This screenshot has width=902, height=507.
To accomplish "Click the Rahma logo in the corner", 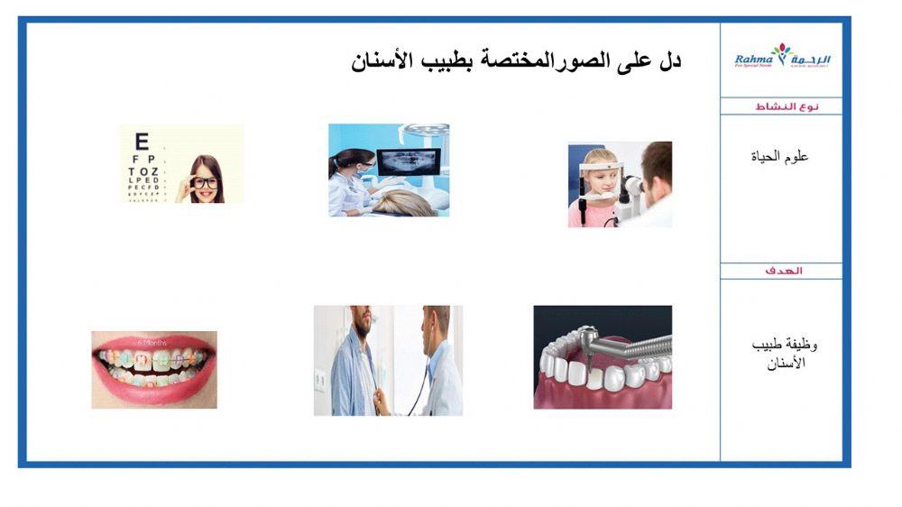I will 782,60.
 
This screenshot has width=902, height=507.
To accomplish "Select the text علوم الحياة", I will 780,157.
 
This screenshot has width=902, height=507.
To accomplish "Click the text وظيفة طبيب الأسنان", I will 782,354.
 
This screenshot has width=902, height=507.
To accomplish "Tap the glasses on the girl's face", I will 204,181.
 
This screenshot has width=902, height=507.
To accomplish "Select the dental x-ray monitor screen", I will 408,162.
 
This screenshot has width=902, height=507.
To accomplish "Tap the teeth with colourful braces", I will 153,364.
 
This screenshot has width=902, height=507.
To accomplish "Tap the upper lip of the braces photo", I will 153,340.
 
